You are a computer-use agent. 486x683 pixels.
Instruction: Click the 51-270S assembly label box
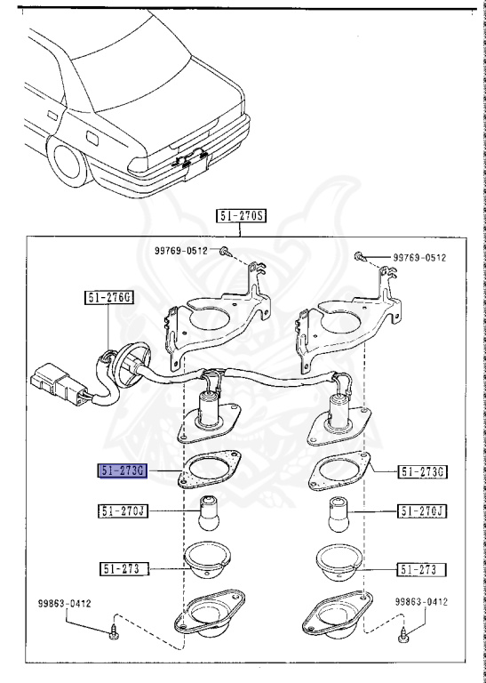click(242, 215)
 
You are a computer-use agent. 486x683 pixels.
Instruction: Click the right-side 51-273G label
click(420, 470)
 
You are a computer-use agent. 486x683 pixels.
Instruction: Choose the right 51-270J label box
click(420, 511)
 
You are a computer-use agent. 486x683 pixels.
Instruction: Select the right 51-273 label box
click(420, 568)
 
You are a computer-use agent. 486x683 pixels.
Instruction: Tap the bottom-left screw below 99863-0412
click(115, 634)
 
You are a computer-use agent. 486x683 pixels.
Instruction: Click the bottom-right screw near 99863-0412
click(404, 635)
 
